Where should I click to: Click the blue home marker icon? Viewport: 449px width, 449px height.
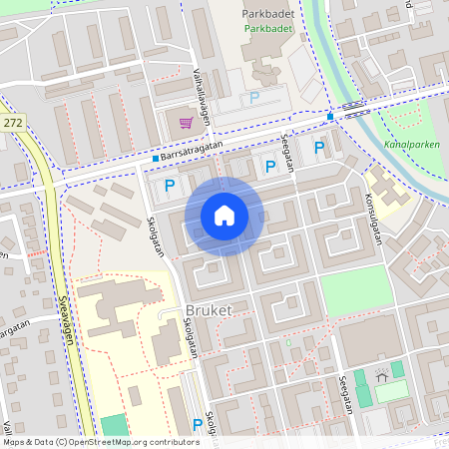(224, 216)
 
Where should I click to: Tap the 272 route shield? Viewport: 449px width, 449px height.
(13, 122)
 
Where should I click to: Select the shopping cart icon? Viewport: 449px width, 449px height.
(186, 123)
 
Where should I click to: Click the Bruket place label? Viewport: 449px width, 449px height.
(208, 310)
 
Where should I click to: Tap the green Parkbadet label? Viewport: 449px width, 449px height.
(268, 29)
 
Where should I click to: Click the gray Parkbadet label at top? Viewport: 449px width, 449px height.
(268, 13)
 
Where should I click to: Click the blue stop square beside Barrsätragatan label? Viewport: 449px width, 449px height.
(156, 159)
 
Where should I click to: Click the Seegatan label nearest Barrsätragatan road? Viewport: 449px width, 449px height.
(289, 153)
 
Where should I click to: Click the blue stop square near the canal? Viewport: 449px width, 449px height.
(330, 116)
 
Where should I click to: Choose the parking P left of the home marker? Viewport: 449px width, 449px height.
(170, 185)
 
